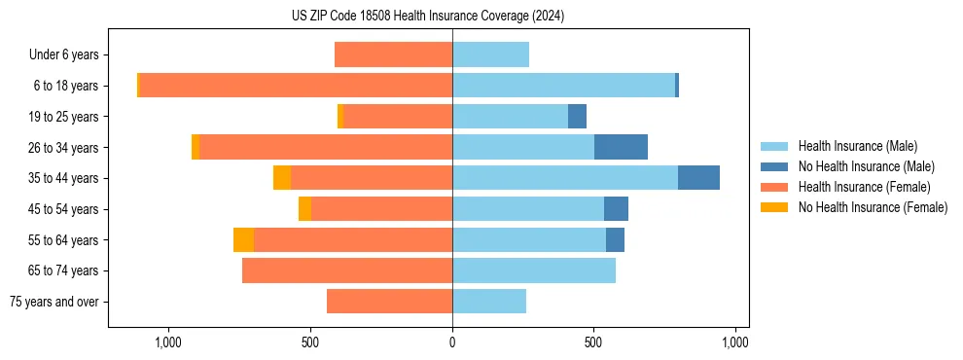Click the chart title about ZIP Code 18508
tap(428, 17)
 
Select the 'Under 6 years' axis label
tap(70, 54)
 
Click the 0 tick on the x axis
tap(452, 342)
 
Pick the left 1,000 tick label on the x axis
tap(168, 342)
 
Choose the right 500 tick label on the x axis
tap(593, 342)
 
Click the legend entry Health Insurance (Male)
tap(857, 146)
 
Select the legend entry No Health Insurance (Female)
tap(873, 207)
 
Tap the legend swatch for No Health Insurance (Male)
tap(775, 166)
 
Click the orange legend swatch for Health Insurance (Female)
tap(775, 187)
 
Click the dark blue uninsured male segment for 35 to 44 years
tap(698, 178)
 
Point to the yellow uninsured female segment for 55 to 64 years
tap(243, 239)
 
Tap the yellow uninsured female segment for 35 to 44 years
tap(282, 178)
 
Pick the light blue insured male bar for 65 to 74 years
tap(534, 270)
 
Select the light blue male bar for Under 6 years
tap(490, 54)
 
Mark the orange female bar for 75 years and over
tap(389, 302)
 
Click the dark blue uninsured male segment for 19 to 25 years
tap(577, 117)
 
